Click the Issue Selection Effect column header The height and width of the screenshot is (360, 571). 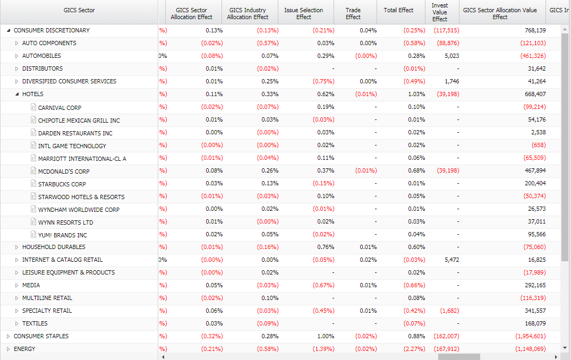303,13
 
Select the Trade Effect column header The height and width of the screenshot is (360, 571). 353,13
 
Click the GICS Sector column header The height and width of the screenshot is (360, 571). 79,10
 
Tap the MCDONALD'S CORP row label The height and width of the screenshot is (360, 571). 64,172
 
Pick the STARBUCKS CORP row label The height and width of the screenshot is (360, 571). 62,184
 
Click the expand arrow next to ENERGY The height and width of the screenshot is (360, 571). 8,349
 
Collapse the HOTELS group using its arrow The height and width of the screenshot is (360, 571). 17,94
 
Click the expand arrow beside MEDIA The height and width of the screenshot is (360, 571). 17,285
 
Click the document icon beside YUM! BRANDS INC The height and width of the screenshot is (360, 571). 33,235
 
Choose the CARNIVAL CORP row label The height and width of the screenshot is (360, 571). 59,108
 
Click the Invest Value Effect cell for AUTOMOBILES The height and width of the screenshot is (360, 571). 451,56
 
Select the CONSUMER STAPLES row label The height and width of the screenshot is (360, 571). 41,336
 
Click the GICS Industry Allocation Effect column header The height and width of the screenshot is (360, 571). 248,13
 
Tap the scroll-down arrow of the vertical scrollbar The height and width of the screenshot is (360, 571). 565,348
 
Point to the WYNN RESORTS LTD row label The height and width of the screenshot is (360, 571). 65,222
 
